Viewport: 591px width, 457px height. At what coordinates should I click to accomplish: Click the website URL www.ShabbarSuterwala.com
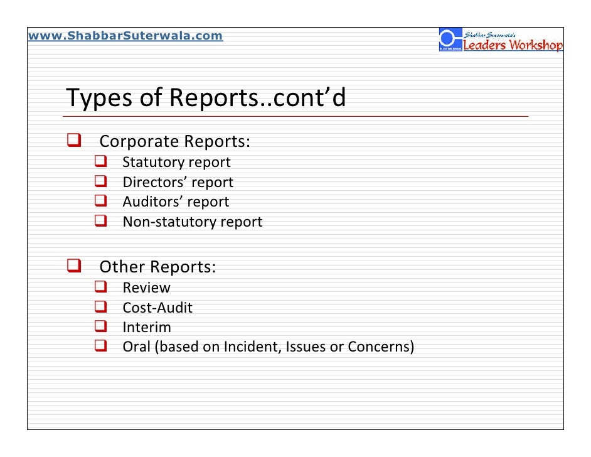125,36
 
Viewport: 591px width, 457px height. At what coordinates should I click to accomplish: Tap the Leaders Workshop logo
501,41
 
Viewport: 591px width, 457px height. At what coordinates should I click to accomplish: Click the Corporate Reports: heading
175,141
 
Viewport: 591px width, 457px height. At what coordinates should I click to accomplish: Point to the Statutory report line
176,163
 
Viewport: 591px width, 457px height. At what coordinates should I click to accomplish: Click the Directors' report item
178,183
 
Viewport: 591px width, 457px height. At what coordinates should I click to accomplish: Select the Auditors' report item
176,202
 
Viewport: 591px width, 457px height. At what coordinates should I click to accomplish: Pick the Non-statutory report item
192,222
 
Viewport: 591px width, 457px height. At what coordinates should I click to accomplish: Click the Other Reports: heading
157,267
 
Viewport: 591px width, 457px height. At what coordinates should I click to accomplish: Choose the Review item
146,288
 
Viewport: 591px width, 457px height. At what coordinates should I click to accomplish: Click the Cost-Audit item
157,308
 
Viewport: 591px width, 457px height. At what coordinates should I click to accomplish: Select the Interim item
146,328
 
